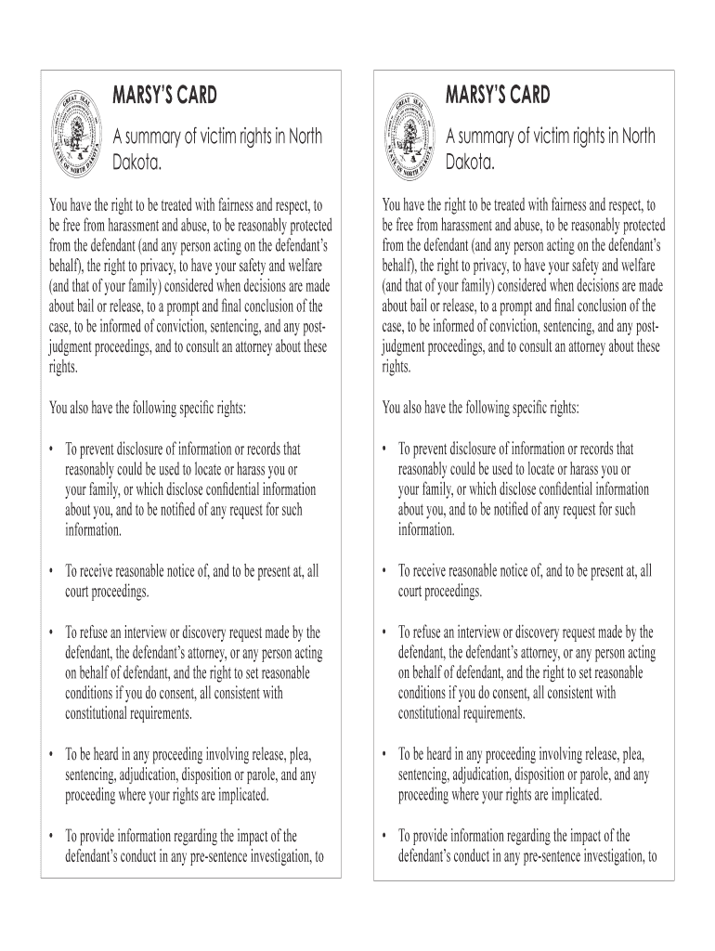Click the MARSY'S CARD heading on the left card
(164, 95)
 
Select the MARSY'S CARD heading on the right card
(498, 95)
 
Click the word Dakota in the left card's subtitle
(136, 164)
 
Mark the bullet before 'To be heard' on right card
(384, 753)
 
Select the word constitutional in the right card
(438, 713)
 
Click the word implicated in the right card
(570, 795)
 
